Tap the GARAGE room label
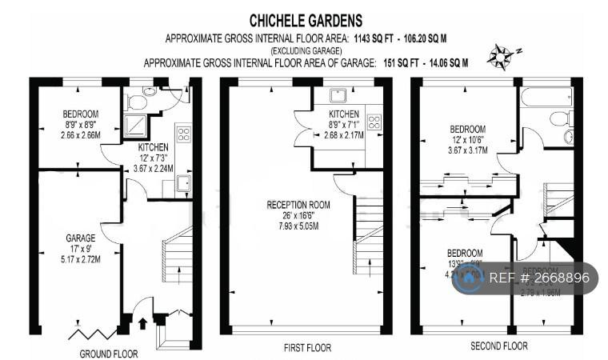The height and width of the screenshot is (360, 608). coord(81,238)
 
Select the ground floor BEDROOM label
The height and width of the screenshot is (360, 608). coord(80,113)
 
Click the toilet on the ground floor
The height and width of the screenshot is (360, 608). coord(136,102)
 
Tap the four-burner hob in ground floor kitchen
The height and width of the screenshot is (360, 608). coord(183,134)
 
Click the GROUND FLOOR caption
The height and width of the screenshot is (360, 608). coord(108,353)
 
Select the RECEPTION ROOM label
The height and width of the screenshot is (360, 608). coord(298,205)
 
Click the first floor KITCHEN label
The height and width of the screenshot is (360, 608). coord(344,114)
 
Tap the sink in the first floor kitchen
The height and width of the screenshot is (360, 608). coord(346,96)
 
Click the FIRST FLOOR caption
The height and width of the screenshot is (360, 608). coord(307,347)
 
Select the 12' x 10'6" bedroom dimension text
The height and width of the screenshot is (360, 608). coord(466,139)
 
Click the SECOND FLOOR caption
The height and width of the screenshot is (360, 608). coord(498,346)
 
